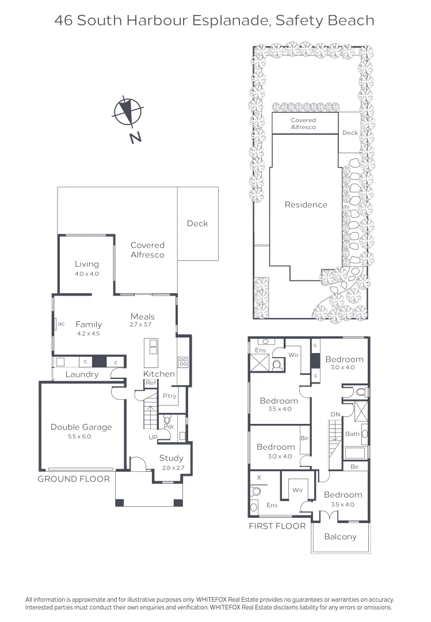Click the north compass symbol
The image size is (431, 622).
[128, 112]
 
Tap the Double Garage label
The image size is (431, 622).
[81, 427]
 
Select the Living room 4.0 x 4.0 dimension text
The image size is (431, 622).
[87, 274]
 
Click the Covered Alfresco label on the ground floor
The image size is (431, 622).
[147, 250]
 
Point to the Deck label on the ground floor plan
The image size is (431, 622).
[197, 223]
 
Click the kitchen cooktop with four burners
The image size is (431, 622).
[184, 362]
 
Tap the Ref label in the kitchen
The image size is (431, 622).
[151, 383]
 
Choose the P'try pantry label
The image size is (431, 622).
[169, 396]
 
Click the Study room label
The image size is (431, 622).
[171, 458]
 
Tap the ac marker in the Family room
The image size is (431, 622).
[61, 324]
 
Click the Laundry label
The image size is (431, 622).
[82, 374]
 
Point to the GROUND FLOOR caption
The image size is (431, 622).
[74, 479]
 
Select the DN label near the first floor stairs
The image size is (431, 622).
[335, 415]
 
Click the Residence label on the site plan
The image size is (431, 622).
[306, 204]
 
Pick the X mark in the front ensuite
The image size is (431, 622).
[258, 478]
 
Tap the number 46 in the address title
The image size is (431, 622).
[64, 21]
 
